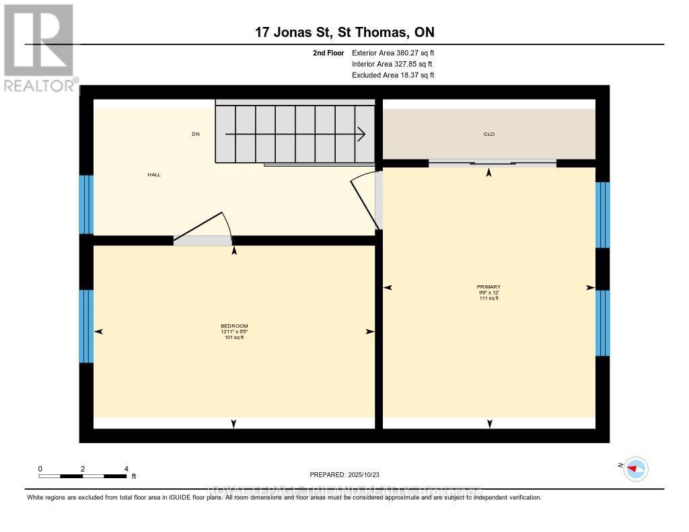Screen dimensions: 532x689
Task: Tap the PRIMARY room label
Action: tap(489, 287)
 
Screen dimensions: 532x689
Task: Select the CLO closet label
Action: tap(489, 134)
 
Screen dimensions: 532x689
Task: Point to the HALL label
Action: tap(154, 174)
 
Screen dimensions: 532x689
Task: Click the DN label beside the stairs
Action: tap(196, 134)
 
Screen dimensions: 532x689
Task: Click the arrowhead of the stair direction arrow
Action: tap(361, 134)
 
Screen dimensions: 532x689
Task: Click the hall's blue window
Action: tap(86, 204)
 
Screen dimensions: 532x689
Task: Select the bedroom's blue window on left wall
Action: tap(86, 326)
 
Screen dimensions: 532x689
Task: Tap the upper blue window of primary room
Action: tap(602, 215)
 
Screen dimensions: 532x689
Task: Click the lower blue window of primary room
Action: tap(602, 323)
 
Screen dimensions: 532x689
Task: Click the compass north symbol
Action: tap(635, 468)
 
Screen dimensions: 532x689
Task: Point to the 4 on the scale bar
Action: tap(126, 468)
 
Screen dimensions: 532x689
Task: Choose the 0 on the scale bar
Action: tap(40, 468)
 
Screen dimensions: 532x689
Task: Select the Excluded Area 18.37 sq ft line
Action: tap(393, 75)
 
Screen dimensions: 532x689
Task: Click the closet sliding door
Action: tap(493, 162)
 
